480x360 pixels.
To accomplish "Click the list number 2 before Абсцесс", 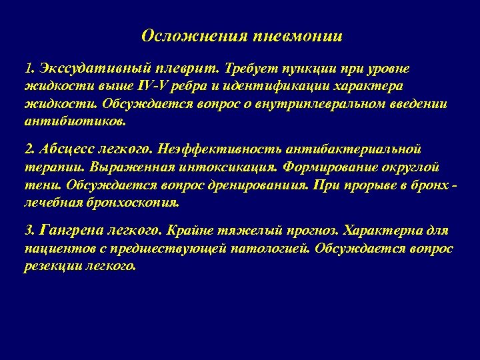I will pos(27,147).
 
